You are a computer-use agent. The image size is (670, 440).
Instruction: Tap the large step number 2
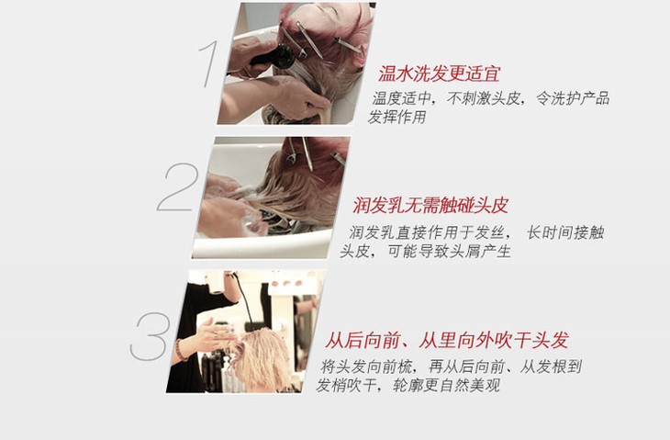178,186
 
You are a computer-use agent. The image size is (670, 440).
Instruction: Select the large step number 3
151,336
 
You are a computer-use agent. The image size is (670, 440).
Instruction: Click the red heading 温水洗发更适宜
440,73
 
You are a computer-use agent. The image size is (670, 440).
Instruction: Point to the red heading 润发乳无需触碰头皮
430,205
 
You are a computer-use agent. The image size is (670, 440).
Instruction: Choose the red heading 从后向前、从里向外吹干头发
447,341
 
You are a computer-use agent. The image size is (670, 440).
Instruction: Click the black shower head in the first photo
274,56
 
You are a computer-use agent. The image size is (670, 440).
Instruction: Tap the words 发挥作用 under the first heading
397,117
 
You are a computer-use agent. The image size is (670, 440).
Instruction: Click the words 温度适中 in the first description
402,98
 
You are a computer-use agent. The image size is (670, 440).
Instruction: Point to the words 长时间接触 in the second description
565,232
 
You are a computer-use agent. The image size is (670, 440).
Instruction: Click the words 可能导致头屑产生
449,251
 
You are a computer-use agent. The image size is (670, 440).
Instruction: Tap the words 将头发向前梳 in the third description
366,367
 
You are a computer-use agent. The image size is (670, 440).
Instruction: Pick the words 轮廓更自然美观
446,385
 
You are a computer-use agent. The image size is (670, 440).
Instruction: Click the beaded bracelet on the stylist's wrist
180,350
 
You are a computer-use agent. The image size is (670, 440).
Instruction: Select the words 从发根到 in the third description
551,367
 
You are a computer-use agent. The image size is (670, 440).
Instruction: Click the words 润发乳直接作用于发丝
429,232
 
